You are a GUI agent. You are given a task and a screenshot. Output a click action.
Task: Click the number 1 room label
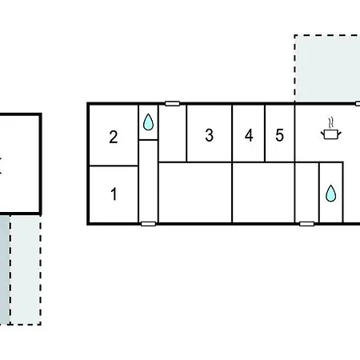(114, 194)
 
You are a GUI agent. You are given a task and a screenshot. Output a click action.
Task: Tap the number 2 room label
(114, 137)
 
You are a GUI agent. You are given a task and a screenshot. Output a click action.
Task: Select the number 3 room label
(210, 135)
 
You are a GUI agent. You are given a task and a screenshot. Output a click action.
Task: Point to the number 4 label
(249, 135)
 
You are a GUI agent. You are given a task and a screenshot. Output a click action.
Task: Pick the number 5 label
(279, 135)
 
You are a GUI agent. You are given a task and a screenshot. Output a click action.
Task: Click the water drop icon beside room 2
(148, 122)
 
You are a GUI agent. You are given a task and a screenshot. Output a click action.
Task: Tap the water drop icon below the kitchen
(331, 194)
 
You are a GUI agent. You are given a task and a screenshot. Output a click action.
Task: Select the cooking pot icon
(331, 134)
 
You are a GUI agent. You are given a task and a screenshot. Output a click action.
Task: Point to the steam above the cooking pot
(331, 122)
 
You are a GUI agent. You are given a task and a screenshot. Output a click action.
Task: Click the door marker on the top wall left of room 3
(172, 103)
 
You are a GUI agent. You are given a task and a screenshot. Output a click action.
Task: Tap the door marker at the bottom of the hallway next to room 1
(148, 224)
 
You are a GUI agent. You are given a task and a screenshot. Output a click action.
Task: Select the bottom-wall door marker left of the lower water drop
(306, 224)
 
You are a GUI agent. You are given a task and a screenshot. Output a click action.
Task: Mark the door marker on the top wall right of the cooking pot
(358, 103)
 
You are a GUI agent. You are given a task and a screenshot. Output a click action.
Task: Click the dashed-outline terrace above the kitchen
(327, 68)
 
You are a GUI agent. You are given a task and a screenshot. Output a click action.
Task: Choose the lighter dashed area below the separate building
(26, 270)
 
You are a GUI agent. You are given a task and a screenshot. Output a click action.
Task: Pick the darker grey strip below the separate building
(5, 270)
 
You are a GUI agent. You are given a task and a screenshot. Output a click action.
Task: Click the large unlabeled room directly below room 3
(195, 192)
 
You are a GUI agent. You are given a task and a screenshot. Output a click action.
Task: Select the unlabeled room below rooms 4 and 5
(264, 192)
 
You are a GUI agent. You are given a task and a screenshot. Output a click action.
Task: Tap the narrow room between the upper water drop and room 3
(173, 134)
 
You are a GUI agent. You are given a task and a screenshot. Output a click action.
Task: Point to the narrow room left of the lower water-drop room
(307, 192)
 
